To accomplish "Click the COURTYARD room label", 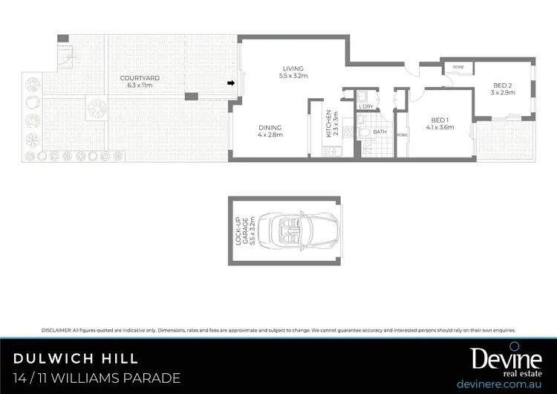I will pyautogui.click(x=137, y=77).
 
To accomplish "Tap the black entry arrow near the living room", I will pyautogui.click(x=232, y=83).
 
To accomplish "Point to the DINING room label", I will pyautogui.click(x=270, y=127).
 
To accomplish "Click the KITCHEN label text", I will pyautogui.click(x=328, y=123).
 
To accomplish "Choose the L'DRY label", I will pyautogui.click(x=365, y=107).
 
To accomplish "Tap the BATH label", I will pyautogui.click(x=380, y=132).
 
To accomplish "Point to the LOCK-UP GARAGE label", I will pyautogui.click(x=241, y=230).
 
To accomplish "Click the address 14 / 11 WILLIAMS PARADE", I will pyautogui.click(x=97, y=378).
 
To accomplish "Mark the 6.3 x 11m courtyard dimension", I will pyautogui.click(x=137, y=85).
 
